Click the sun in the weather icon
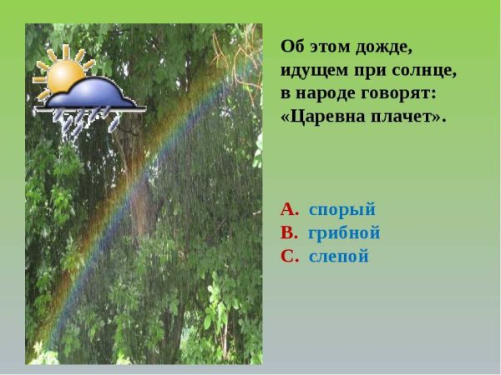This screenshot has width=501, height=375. tap(63, 73)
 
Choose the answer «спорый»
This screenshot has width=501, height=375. tap(342, 209)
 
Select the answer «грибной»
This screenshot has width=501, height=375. tap(344, 232)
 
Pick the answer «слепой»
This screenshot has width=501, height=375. tap(339, 256)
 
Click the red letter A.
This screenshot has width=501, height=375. tap(289, 209)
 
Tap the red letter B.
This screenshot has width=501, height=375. tap(289, 232)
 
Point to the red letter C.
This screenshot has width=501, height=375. tap(289, 256)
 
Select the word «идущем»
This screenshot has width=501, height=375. tap(313, 70)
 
